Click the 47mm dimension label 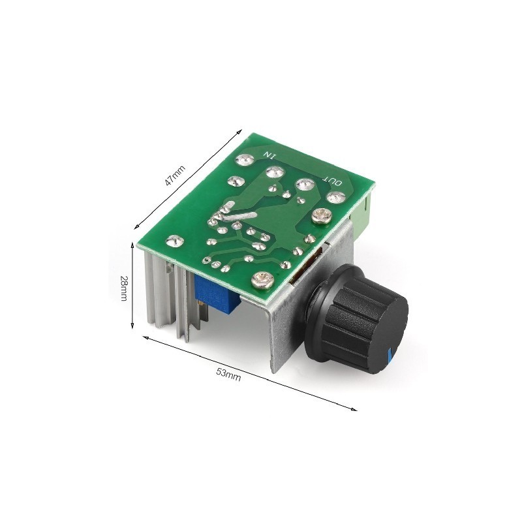point(176,176)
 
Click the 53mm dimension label point(228,375)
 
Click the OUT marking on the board point(332,181)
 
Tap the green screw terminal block point(362,217)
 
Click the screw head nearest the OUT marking point(322,216)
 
